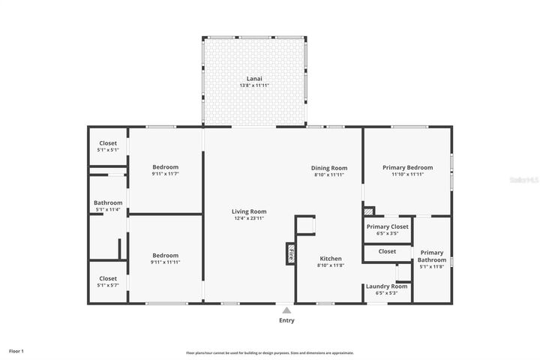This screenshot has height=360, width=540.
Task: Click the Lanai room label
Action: pos(254,79)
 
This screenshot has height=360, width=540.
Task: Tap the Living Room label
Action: pos(248,211)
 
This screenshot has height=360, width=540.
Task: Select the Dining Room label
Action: pos(329,168)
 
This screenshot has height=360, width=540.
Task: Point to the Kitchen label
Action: pos(330,257)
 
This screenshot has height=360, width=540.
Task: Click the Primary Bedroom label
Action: pos(408,168)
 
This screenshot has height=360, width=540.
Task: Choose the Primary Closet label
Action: pos(387,226)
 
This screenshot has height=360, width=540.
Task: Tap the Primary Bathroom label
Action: pos(431,256)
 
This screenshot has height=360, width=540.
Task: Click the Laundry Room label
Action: pos(386,286)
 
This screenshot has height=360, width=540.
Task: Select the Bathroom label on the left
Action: pos(108,202)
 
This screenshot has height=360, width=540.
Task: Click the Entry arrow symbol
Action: pos(286,309)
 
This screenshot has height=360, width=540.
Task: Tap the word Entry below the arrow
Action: pos(286,320)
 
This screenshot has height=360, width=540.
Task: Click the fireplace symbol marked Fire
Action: pos(290,254)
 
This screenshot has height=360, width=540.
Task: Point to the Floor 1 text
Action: pos(16,351)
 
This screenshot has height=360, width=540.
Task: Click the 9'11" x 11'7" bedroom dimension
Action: pos(165,174)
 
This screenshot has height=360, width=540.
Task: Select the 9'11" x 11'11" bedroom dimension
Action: pos(165,262)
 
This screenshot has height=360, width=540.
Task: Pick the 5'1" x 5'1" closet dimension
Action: pos(108,150)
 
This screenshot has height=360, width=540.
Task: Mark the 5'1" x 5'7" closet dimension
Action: pos(108,286)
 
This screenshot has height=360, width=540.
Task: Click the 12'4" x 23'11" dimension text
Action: pos(248,218)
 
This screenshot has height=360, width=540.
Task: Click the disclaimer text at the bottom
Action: pos(270,352)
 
